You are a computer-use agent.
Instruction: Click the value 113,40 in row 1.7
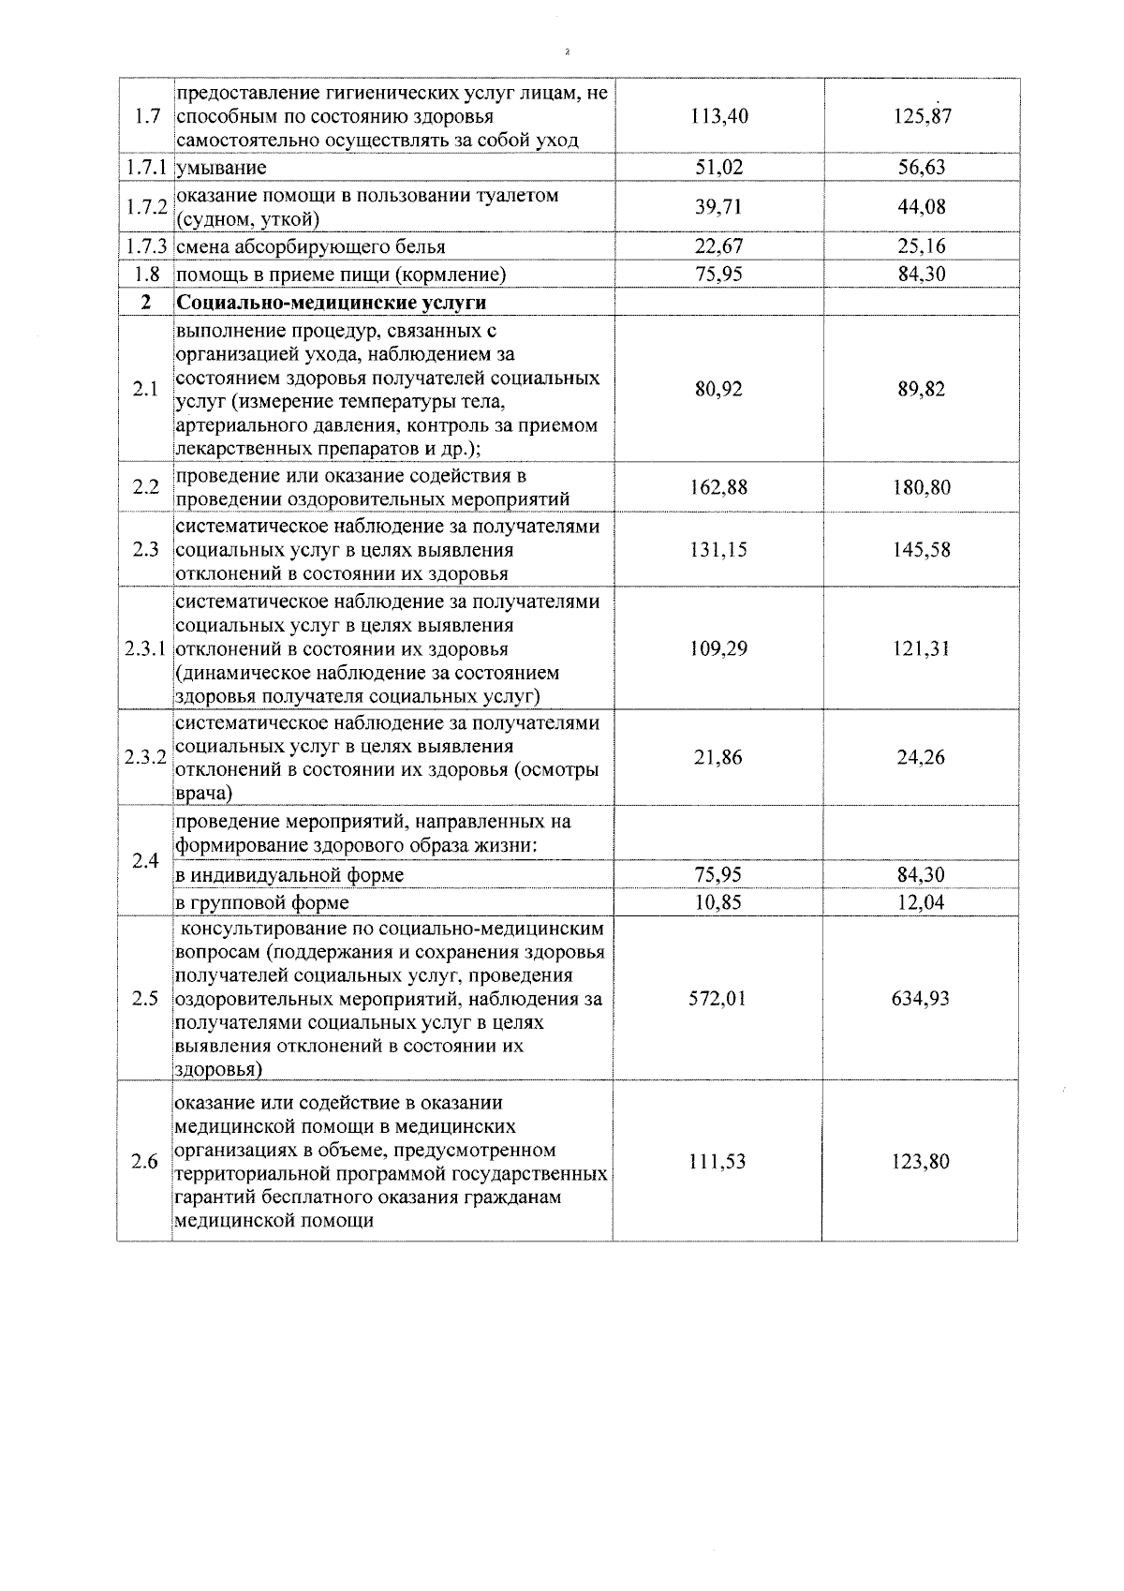click(x=718, y=117)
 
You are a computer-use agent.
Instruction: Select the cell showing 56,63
click(x=922, y=168)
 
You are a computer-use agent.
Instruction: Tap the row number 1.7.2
click(x=145, y=207)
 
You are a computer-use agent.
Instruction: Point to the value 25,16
click(x=922, y=246)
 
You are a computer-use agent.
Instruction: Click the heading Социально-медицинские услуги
click(x=332, y=303)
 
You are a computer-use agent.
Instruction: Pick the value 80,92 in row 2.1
click(x=718, y=389)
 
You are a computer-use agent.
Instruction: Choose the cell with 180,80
click(x=922, y=487)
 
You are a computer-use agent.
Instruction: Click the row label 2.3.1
click(x=145, y=648)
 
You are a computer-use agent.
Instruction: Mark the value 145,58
click(x=922, y=550)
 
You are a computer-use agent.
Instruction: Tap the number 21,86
click(x=718, y=758)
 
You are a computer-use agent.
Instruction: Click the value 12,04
click(x=922, y=903)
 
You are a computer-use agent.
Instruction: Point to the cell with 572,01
click(x=718, y=999)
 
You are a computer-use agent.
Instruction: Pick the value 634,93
click(x=922, y=999)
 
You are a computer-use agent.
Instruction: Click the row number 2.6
click(x=145, y=1162)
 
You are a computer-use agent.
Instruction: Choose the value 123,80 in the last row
click(x=922, y=1162)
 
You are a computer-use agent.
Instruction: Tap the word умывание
click(x=221, y=169)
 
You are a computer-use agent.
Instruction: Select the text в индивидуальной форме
click(x=290, y=875)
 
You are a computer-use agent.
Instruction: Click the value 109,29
click(x=718, y=648)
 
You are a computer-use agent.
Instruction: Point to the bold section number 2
click(x=145, y=303)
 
